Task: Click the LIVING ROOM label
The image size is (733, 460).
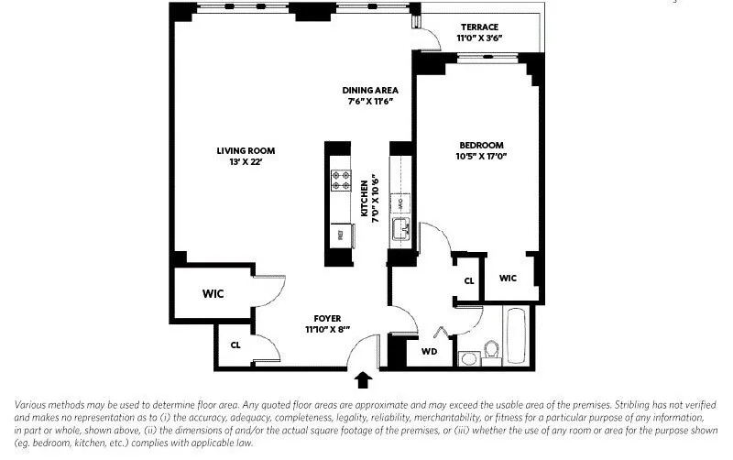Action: pyautogui.click(x=246, y=151)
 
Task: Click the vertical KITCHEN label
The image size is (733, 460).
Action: pyautogui.click(x=364, y=196)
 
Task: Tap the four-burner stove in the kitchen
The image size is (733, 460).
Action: pyautogui.click(x=341, y=181)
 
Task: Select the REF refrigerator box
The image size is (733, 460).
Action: pyautogui.click(x=340, y=235)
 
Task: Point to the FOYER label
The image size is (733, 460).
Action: pyautogui.click(x=327, y=319)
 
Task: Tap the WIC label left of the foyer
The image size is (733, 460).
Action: pyautogui.click(x=213, y=294)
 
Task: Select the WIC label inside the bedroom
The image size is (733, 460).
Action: pyautogui.click(x=509, y=279)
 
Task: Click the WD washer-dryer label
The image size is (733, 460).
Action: pyautogui.click(x=428, y=351)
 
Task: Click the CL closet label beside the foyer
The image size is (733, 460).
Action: pyautogui.click(x=235, y=345)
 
